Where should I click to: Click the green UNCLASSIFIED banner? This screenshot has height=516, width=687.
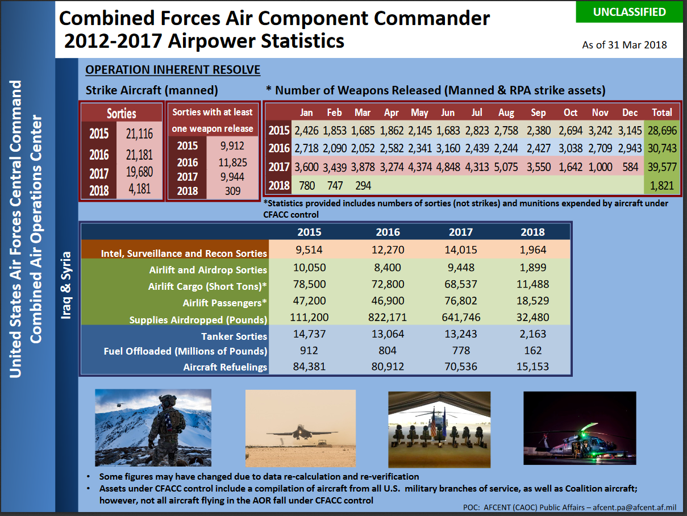pyautogui.click(x=630, y=12)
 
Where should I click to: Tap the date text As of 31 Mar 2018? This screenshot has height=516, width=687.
pyautogui.click(x=624, y=45)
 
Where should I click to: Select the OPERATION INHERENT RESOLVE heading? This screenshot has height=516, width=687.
pyautogui.click(x=173, y=69)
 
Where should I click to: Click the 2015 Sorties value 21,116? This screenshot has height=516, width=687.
pyautogui.click(x=139, y=134)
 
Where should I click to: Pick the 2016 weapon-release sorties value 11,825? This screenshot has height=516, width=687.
pyautogui.click(x=232, y=163)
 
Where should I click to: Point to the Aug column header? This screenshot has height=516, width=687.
pyautogui.click(x=506, y=113)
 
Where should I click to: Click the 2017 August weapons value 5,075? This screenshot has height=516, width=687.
pyautogui.click(x=506, y=167)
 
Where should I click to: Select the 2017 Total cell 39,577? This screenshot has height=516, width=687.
pyautogui.click(x=662, y=167)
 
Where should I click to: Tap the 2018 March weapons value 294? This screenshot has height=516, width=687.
pyautogui.click(x=363, y=186)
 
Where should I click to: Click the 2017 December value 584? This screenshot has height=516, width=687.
pyautogui.click(x=630, y=167)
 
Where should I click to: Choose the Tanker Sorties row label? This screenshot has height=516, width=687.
pyautogui.click(x=234, y=336)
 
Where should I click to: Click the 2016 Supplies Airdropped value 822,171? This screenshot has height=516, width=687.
pyautogui.click(x=388, y=317)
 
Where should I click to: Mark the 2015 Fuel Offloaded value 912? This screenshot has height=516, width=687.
pyautogui.click(x=309, y=351)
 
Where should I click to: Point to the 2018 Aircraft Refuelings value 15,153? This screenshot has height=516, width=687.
pyautogui.click(x=532, y=367)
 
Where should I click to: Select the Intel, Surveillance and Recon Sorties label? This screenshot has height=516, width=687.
pyautogui.click(x=184, y=253)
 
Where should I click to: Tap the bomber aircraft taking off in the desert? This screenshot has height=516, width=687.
pyautogui.click(x=301, y=433)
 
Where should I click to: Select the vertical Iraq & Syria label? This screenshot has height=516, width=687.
pyautogui.click(x=66, y=285)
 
